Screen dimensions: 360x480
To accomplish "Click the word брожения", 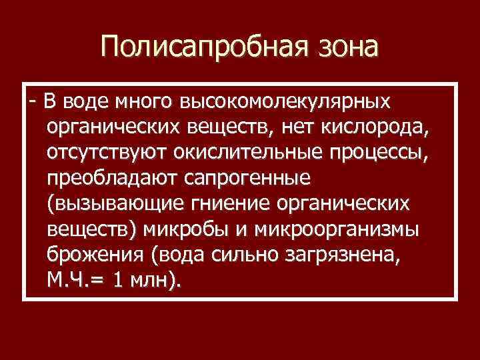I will [89, 254].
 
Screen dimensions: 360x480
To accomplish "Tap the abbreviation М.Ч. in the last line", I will [69, 279].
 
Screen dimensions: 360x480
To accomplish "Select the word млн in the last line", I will [151, 279].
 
